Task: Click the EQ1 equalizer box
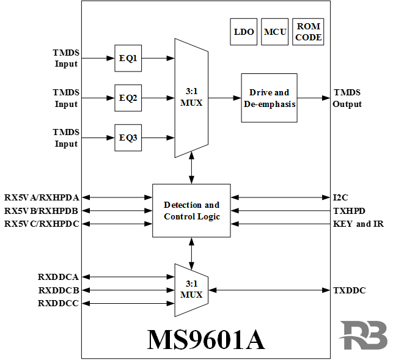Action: pyautogui.click(x=128, y=58)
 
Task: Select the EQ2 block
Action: pyautogui.click(x=128, y=98)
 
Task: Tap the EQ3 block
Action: pyautogui.click(x=128, y=138)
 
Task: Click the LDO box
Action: pyautogui.click(x=244, y=32)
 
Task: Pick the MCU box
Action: pyautogui.click(x=274, y=32)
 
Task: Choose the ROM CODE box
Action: pyautogui.click(x=308, y=32)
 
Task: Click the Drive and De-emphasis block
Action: pyautogui.click(x=269, y=98)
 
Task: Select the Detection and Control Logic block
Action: pyautogui.click(x=191, y=211)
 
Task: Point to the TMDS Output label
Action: pyautogui.click(x=347, y=98)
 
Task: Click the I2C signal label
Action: pyautogui.click(x=340, y=197)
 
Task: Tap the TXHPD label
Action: pyautogui.click(x=349, y=211)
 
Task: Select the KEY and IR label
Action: pyautogui.click(x=358, y=224)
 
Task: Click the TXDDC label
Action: pyautogui.click(x=349, y=290)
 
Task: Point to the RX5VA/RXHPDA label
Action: pyautogui.click(x=42, y=197)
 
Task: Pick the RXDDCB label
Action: pyautogui.click(x=58, y=290)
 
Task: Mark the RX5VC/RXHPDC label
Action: pyautogui.click(x=42, y=224)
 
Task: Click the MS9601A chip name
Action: pyautogui.click(x=206, y=339)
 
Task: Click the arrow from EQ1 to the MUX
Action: pyautogui.click(x=158, y=59)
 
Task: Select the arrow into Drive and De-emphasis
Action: pyautogui.click(x=224, y=98)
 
